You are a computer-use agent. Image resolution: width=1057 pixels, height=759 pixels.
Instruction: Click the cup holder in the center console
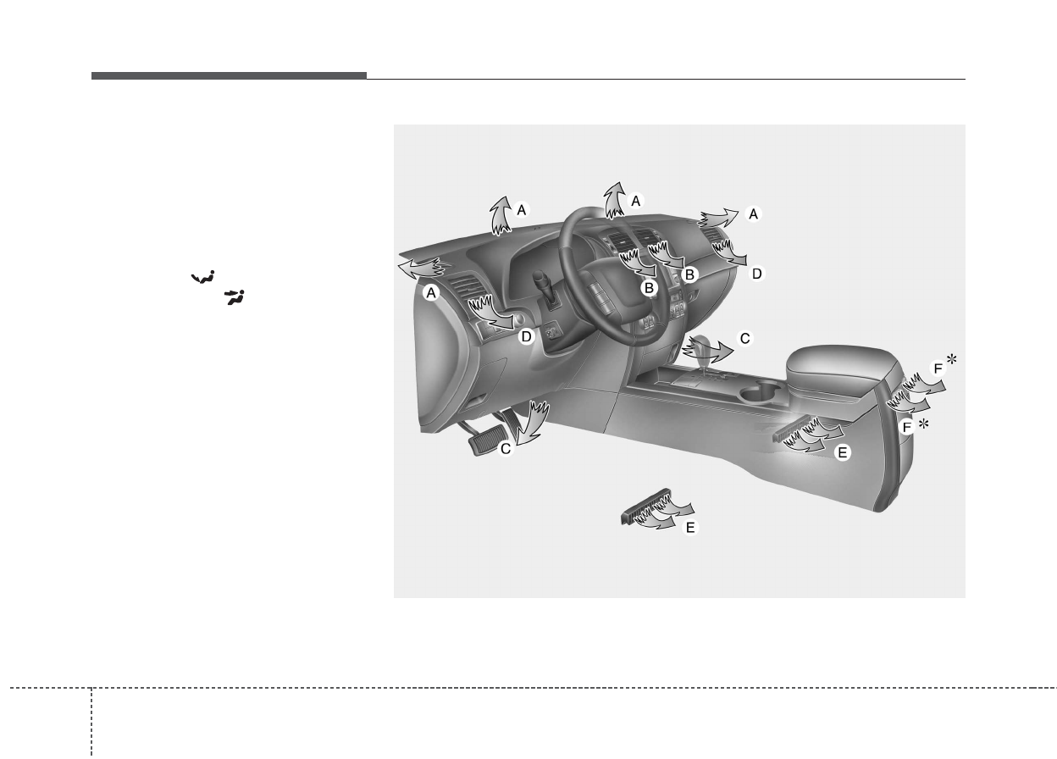[759, 392]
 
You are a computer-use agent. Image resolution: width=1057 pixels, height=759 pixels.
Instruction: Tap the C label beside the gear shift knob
[745, 339]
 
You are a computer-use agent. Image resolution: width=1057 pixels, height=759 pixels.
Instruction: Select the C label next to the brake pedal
[506, 448]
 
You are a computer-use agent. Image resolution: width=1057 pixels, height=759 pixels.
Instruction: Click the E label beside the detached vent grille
[690, 527]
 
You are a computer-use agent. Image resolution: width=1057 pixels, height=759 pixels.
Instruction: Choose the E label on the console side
[842, 452]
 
